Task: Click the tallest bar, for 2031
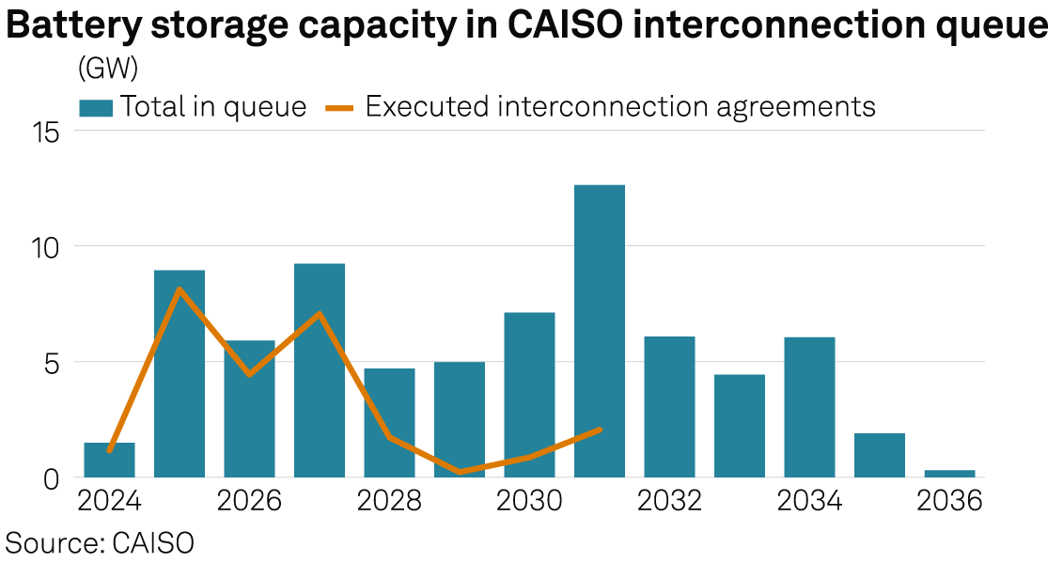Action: click(x=600, y=331)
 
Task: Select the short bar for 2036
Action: click(x=949, y=473)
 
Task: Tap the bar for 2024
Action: click(x=109, y=460)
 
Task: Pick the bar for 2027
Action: click(x=320, y=370)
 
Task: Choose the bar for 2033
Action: click(x=740, y=426)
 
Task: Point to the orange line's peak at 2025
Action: click(x=180, y=289)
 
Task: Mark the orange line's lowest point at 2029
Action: click(x=460, y=472)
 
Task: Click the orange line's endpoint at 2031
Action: click(x=600, y=430)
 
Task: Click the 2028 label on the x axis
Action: click(x=390, y=500)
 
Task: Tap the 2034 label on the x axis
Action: click(x=810, y=500)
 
